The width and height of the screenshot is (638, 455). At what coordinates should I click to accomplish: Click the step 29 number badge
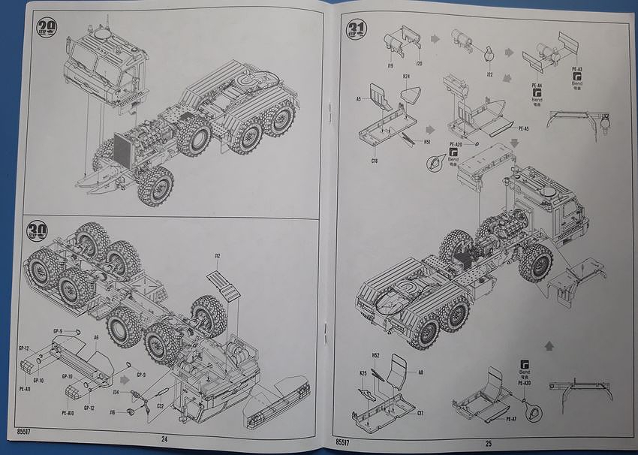tap(47, 29)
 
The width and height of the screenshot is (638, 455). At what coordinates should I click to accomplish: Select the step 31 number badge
tap(356, 31)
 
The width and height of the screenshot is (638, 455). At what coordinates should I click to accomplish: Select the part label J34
tap(117, 392)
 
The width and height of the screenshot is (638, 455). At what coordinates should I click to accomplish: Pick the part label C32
tap(160, 406)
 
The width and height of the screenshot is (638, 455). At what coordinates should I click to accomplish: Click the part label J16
tap(113, 412)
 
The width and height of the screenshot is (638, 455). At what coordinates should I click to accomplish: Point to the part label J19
tap(390, 65)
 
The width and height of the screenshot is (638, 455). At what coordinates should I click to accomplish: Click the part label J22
tap(489, 74)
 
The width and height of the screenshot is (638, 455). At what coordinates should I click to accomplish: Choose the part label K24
tap(405, 77)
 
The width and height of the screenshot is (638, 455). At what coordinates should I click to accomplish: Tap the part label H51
tap(427, 140)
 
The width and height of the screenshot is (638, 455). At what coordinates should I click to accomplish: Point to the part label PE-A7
tap(510, 418)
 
